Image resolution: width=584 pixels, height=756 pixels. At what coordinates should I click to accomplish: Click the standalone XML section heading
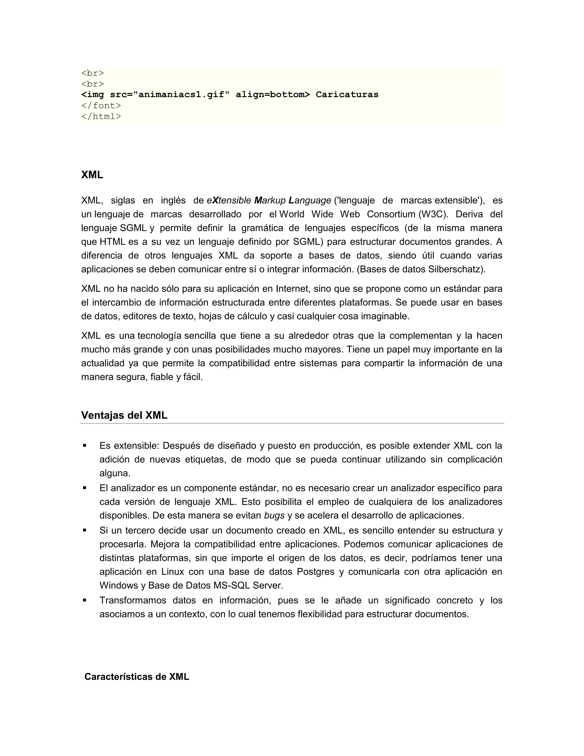click(92, 175)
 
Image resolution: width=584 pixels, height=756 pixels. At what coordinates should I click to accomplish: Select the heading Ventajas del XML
click(124, 415)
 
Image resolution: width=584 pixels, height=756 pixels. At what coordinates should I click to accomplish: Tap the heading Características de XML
click(137, 677)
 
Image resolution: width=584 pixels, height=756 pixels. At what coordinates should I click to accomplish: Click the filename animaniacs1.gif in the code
click(183, 94)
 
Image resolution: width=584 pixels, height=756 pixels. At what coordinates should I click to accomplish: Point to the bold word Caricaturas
click(347, 94)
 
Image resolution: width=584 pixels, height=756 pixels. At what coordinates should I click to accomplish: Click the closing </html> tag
click(101, 116)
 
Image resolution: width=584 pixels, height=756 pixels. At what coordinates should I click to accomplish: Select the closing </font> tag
click(101, 106)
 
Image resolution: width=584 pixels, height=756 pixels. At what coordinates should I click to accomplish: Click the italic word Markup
click(270, 201)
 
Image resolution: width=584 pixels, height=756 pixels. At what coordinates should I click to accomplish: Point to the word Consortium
click(391, 214)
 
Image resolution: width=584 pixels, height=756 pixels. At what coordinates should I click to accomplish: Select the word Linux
click(172, 571)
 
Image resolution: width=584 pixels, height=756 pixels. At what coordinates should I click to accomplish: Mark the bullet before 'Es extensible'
click(84, 446)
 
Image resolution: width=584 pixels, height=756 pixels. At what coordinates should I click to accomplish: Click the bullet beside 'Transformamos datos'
click(84, 600)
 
